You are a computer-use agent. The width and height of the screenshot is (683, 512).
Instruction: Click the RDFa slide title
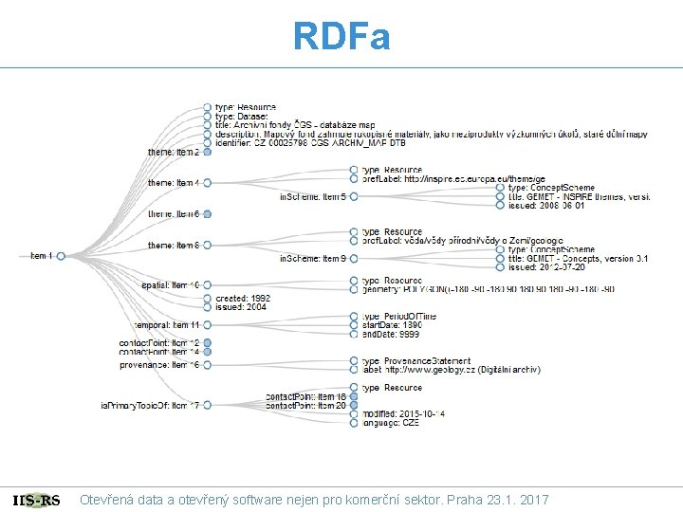coord(341,37)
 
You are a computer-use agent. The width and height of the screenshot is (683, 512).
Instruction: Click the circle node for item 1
coord(61,256)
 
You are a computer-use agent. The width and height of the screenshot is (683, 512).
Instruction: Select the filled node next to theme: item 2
coord(207,152)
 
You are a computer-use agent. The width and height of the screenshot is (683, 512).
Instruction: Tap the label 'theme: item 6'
coord(173,214)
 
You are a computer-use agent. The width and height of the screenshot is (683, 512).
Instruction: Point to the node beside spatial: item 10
coord(207,284)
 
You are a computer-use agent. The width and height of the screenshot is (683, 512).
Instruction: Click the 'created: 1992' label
coord(243,299)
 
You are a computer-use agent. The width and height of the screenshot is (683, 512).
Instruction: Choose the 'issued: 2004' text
coord(241,307)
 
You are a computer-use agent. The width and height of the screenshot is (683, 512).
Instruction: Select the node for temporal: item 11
coord(207,325)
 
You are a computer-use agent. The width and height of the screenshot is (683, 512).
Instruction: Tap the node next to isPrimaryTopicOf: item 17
coord(207,406)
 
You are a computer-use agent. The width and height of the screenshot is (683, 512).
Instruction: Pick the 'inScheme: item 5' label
coord(305,196)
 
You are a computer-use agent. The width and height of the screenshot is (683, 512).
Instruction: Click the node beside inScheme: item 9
coord(353,258)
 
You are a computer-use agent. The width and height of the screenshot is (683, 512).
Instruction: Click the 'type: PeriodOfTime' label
coord(399,316)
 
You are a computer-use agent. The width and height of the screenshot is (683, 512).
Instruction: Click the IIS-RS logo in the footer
coord(37,500)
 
